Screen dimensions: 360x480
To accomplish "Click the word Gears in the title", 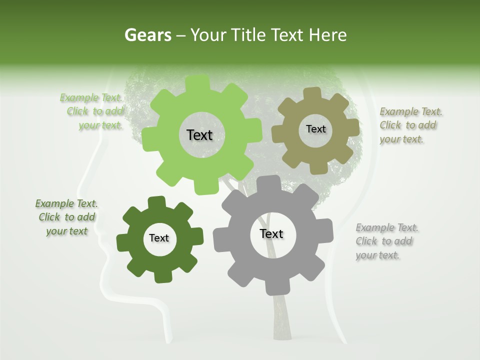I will coord(146,35).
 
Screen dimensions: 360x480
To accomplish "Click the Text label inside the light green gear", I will coord(199,135).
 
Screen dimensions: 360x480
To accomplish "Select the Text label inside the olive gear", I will coord(315,129).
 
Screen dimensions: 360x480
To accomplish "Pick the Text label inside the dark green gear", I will coord(159,238).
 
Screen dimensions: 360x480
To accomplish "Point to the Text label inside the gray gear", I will coord(271,233).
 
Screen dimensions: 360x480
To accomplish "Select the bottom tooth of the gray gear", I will coord(274,287).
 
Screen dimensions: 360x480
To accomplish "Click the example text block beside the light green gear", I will coord(92,111).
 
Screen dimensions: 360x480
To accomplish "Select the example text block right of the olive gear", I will coord(410,125).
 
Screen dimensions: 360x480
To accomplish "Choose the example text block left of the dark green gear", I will coord(66,217).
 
